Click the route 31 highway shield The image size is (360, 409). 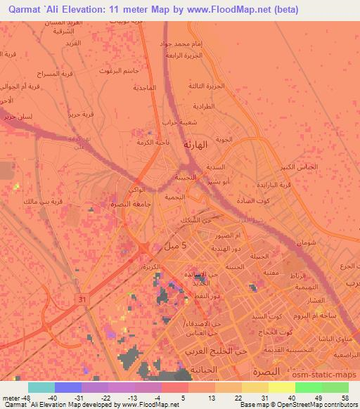(83, 299)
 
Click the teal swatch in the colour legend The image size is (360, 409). (41, 387)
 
